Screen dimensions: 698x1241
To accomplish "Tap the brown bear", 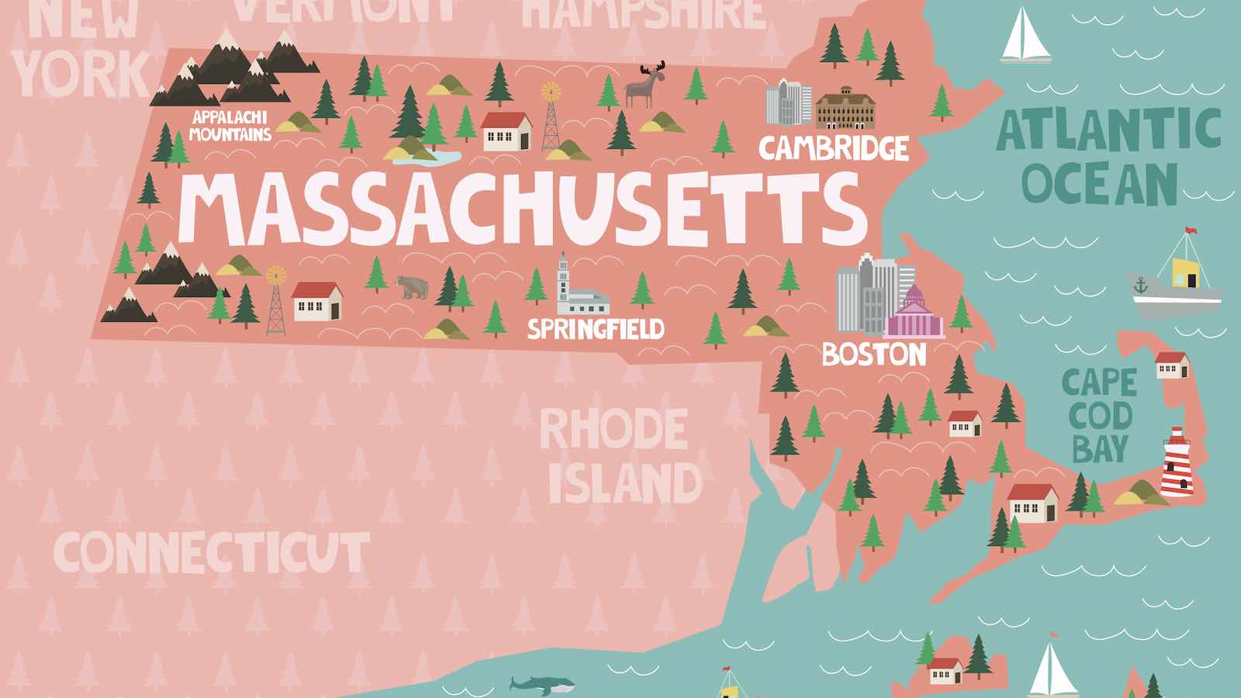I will [x=412, y=288].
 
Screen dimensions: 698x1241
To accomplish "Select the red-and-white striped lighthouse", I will [x=1176, y=464].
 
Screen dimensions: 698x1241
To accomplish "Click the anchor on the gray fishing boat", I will [x=1140, y=285].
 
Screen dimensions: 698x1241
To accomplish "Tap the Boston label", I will [x=874, y=354].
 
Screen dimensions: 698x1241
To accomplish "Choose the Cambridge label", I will [x=833, y=148].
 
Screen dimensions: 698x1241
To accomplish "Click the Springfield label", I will [x=596, y=329].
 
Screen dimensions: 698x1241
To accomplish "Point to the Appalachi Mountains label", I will [x=230, y=126].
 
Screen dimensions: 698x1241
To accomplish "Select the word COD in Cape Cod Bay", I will [x=1100, y=416].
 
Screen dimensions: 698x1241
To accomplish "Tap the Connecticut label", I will [x=210, y=552].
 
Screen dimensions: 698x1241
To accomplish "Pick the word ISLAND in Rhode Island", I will [x=624, y=482].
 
